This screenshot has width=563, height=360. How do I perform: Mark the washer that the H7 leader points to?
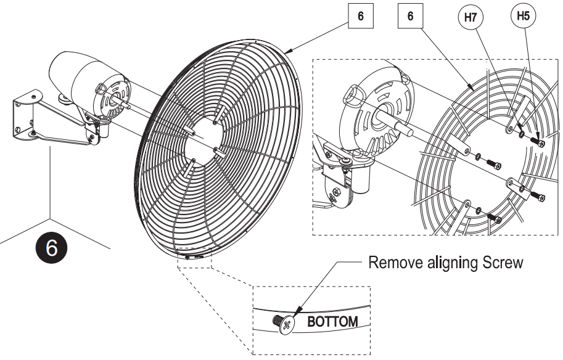click(522, 134)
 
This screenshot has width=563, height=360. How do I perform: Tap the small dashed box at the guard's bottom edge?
click(194, 260)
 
